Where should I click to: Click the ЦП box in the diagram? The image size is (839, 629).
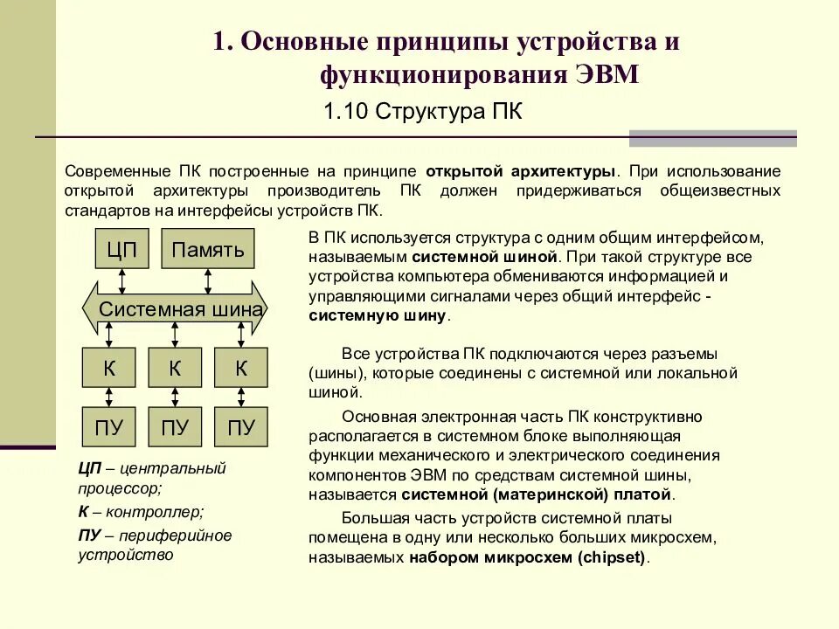(x=122, y=249)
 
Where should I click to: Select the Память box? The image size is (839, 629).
(x=208, y=249)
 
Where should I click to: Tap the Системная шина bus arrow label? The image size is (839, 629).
(x=181, y=308)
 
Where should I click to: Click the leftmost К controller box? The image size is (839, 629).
(x=109, y=368)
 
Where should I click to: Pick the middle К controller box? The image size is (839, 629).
(x=175, y=368)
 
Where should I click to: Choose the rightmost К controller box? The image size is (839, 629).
(x=241, y=368)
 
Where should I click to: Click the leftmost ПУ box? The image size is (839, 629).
(x=109, y=427)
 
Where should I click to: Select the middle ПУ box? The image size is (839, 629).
(x=175, y=427)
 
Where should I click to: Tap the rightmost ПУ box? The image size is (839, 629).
(x=241, y=427)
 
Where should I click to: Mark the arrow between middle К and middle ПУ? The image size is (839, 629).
(x=175, y=397)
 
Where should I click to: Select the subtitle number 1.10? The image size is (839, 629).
(x=342, y=112)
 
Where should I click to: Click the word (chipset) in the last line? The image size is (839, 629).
(x=614, y=557)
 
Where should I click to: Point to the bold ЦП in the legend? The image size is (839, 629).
(x=89, y=468)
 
